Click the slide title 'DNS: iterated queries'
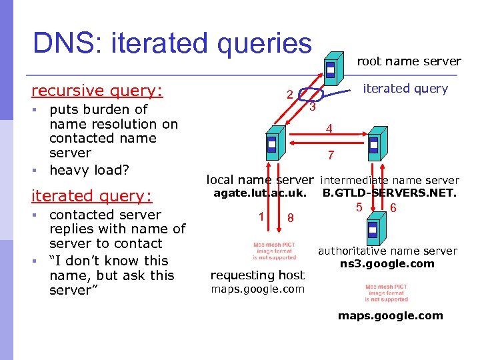coord(172,43)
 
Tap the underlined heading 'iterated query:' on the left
coord(92,195)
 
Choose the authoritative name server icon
coord(373,229)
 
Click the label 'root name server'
coord(409,61)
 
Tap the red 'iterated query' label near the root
coord(405,89)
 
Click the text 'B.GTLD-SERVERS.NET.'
coord(389,193)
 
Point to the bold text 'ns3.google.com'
coord(387,263)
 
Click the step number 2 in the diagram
coord(289,95)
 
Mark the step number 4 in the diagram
coord(329,129)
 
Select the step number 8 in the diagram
coord(289,218)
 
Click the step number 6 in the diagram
coord(393,208)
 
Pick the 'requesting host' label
coord(257,275)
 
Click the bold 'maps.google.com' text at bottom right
coord(390,315)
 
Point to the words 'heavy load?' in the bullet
coord(89,170)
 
